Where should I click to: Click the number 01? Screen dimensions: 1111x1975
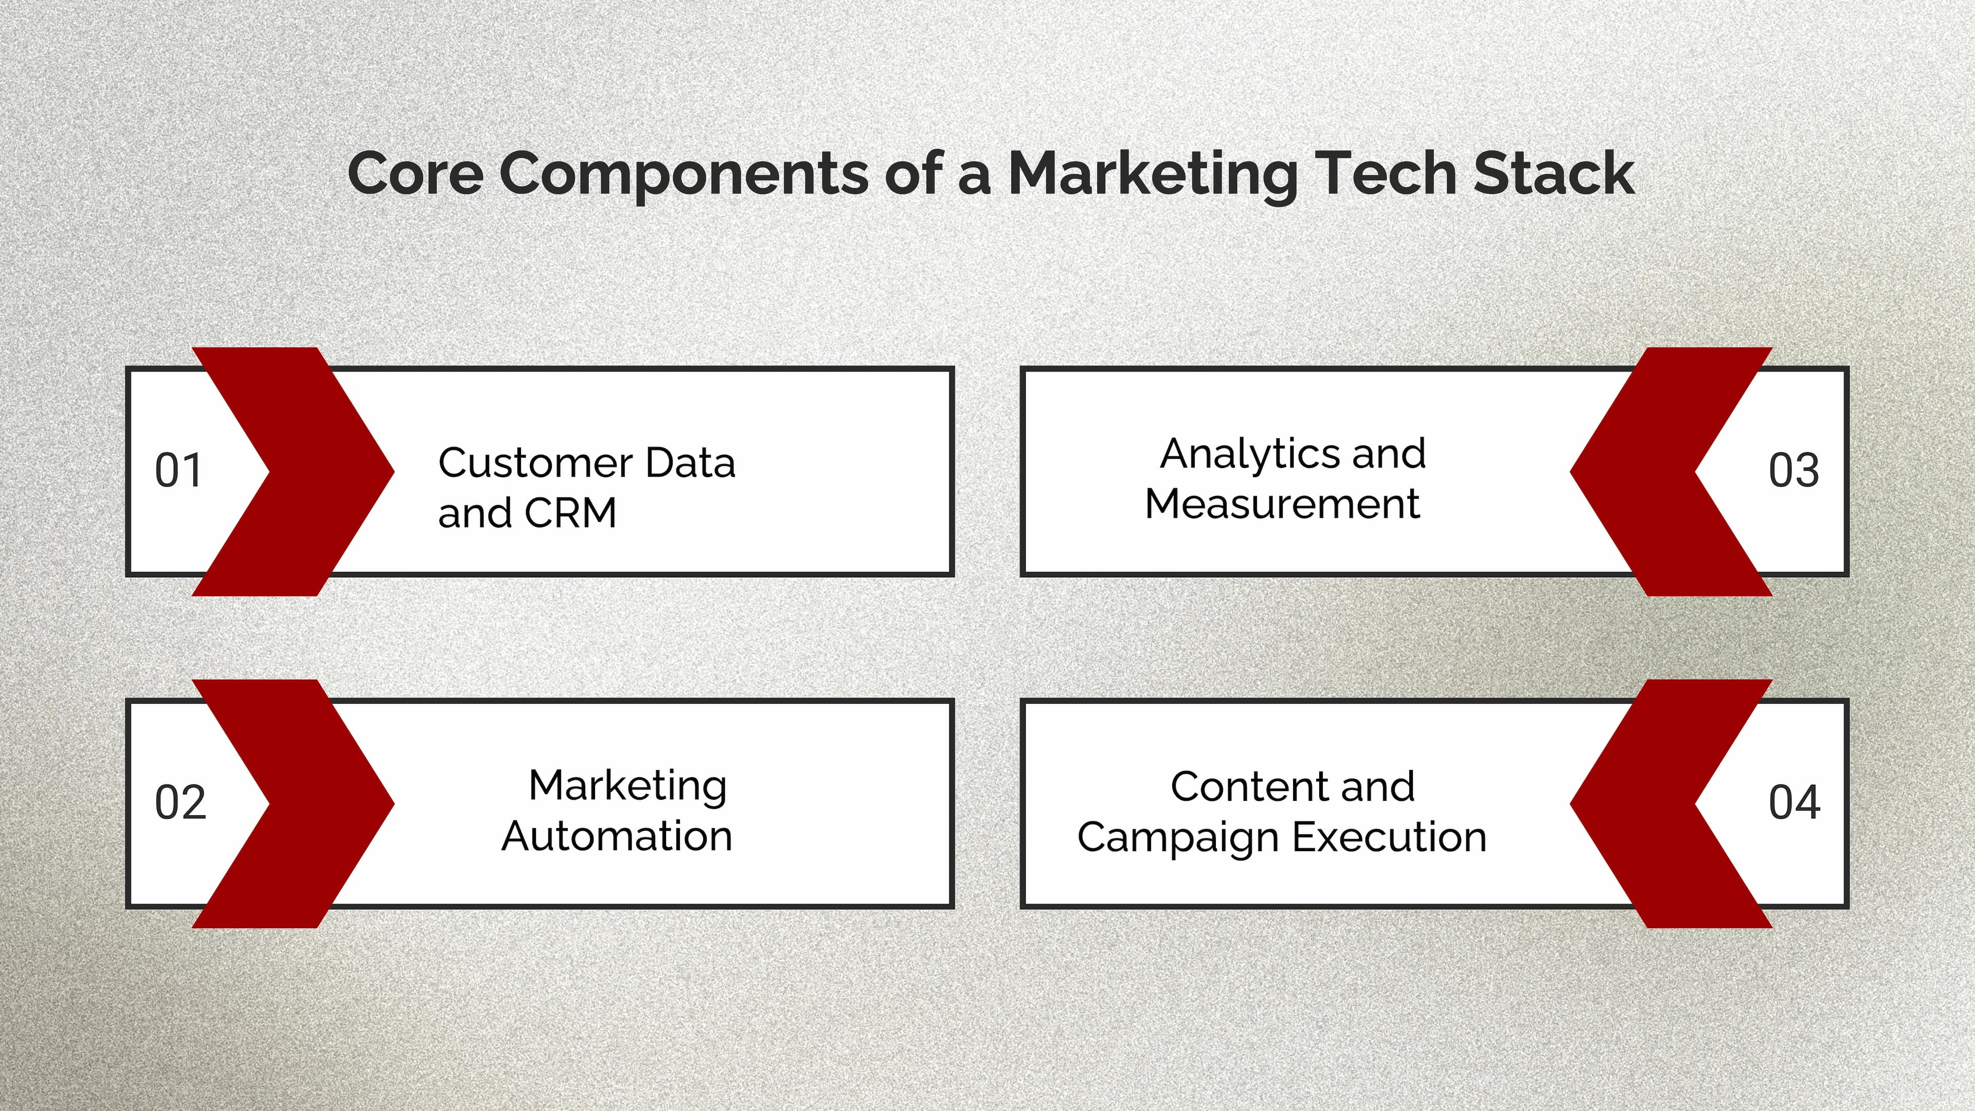tap(178, 471)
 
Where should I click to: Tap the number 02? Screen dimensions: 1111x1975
tap(180, 803)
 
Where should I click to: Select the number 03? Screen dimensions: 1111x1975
tap(1793, 471)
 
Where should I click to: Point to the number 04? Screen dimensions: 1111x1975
tap(1794, 803)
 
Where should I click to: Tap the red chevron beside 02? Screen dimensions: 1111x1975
tap(322, 803)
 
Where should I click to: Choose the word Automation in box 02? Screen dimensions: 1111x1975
tap(617, 836)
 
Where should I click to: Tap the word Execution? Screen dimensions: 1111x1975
tap(1389, 836)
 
